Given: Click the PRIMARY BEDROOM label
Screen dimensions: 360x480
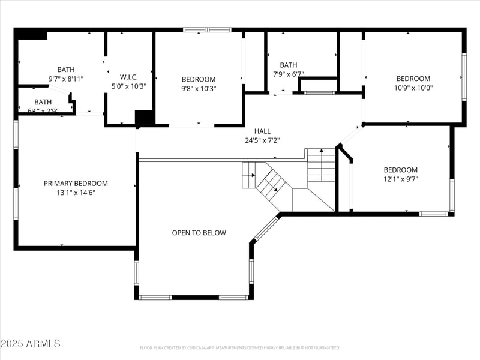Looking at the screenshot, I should [x=76, y=184].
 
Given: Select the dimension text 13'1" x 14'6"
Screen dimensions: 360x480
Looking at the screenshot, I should [x=76, y=193].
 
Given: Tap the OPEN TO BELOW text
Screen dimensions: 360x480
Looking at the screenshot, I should [x=199, y=233].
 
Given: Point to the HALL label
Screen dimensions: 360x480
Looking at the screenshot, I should [x=262, y=131].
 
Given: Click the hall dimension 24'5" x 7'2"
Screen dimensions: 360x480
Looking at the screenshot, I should [x=262, y=140].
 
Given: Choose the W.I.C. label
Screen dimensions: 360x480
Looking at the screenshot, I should [x=129, y=77].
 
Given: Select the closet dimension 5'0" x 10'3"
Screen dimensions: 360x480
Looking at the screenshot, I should [x=129, y=86].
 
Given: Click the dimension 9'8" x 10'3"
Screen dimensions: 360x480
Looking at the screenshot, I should [x=199, y=88].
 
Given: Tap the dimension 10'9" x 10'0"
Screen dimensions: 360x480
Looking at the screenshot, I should [x=413, y=88].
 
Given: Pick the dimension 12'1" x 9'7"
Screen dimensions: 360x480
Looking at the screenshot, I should [x=400, y=179].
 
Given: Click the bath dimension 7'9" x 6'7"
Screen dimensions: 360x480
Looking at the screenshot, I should [x=288, y=74].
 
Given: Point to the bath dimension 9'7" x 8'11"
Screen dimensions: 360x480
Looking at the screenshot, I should [x=66, y=79].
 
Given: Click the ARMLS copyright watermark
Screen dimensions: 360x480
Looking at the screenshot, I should [x=31, y=344].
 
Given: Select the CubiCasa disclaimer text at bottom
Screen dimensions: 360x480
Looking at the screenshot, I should [x=240, y=348].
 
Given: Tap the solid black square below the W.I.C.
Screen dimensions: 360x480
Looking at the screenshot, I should [x=145, y=117].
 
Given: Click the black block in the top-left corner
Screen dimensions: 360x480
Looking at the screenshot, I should [x=32, y=35].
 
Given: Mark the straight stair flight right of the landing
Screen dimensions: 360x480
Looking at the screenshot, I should [x=321, y=166].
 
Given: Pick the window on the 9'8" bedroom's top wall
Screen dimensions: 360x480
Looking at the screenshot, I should [x=207, y=29].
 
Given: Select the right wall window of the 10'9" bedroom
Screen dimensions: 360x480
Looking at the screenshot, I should [x=464, y=77].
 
